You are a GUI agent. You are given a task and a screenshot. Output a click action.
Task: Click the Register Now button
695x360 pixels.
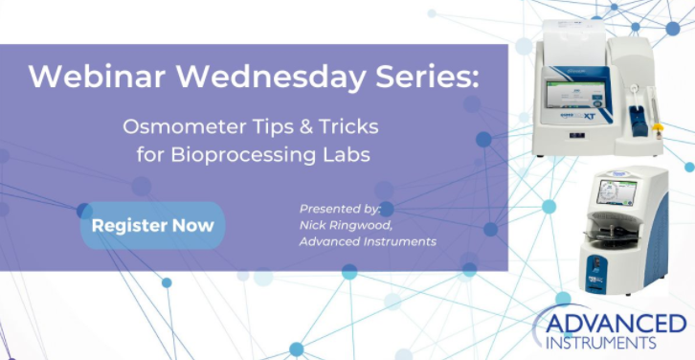[x=152, y=226]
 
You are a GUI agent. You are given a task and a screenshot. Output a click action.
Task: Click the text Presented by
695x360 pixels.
[x=340, y=208]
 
